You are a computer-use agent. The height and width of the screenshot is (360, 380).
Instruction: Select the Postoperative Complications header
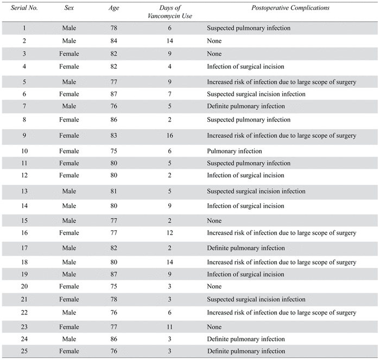(290, 9)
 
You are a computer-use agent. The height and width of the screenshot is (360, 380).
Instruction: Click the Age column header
(114, 9)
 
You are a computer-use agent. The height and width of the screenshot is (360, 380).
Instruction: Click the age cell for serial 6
(114, 94)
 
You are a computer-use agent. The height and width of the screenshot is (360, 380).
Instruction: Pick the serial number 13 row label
(24, 191)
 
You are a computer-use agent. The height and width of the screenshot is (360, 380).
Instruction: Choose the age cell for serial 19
(114, 274)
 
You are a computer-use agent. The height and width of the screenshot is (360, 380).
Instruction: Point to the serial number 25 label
(24, 351)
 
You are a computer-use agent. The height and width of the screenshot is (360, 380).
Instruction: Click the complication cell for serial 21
(256, 299)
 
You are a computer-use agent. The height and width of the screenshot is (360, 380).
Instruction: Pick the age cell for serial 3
(114, 54)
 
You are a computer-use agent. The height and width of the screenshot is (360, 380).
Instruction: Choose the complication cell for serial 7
(245, 106)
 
